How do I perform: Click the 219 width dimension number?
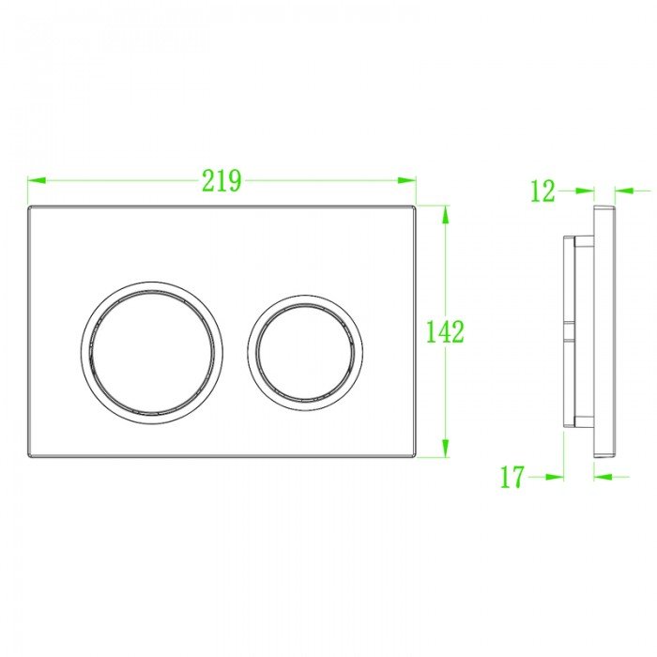[x=222, y=179]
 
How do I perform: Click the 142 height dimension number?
[x=445, y=331]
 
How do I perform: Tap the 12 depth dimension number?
[x=542, y=191]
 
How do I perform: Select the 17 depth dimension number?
[x=512, y=477]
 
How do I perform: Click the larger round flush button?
[x=152, y=348]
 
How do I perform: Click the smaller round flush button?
[x=307, y=348]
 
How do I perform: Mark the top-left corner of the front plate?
[x=30, y=206]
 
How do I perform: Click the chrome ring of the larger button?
[x=87, y=348]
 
